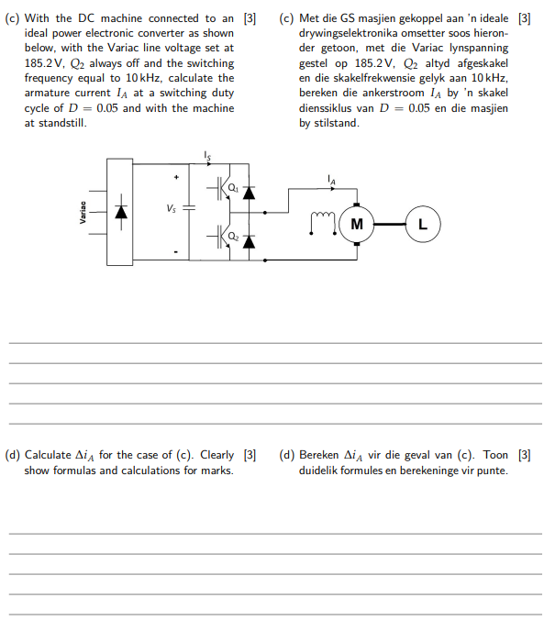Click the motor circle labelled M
[356, 224]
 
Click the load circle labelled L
[423, 224]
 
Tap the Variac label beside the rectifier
[83, 211]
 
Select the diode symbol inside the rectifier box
[119, 212]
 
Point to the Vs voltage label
[172, 208]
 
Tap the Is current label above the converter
[208, 156]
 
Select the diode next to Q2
[248, 241]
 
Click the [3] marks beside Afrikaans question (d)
[525, 454]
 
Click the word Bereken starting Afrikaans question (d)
[319, 455]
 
